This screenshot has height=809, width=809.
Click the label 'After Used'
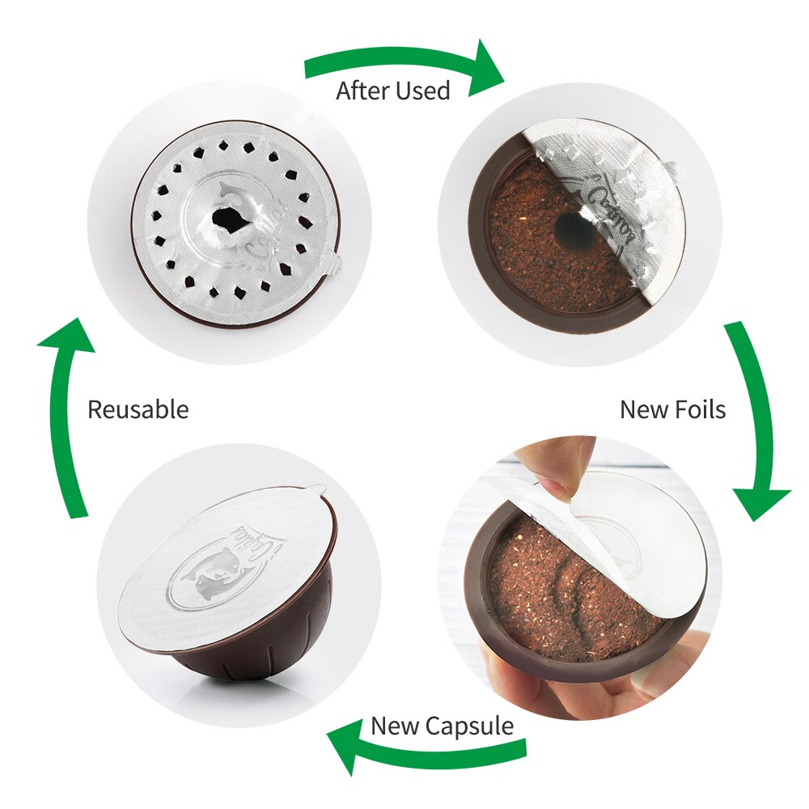[x=392, y=91]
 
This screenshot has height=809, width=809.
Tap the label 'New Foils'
[x=672, y=409]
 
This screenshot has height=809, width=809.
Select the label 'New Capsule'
[x=442, y=726]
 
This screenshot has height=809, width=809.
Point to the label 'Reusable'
[x=138, y=409]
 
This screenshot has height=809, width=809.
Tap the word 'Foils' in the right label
[x=698, y=409]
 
